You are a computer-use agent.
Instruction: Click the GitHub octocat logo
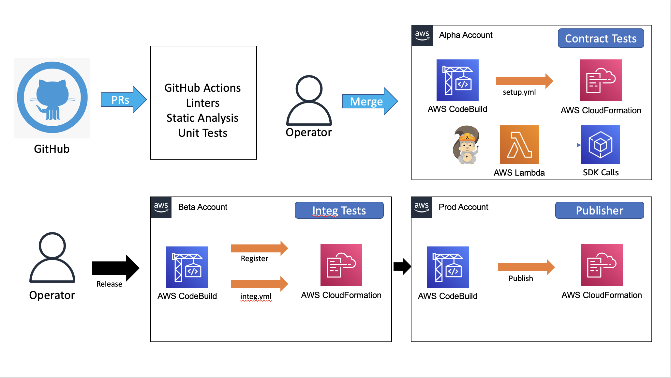click(x=52, y=98)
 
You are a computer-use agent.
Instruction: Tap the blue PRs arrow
click(x=124, y=100)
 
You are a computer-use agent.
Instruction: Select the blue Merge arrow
click(x=370, y=101)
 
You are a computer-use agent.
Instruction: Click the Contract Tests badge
click(x=601, y=39)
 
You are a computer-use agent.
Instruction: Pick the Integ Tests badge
click(x=339, y=211)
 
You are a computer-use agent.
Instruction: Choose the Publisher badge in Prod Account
click(x=600, y=211)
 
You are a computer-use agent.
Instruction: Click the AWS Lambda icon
click(x=519, y=145)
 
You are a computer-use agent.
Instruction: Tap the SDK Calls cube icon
click(x=601, y=145)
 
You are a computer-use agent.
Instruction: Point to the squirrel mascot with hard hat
click(x=467, y=145)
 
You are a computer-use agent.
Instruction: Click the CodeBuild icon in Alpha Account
click(x=457, y=80)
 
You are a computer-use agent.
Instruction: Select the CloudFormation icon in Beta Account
click(x=341, y=265)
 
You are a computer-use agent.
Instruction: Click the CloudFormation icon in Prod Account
click(x=602, y=265)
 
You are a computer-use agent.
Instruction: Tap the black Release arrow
click(x=116, y=268)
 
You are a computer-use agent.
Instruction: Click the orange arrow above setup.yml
click(x=525, y=81)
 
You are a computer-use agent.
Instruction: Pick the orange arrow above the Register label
click(x=260, y=248)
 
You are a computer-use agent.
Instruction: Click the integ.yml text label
click(x=256, y=296)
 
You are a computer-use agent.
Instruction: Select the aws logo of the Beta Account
click(x=161, y=207)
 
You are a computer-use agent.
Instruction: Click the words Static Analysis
click(x=202, y=118)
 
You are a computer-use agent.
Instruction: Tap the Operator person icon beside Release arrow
click(x=52, y=257)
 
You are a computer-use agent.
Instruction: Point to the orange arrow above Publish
click(x=526, y=267)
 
